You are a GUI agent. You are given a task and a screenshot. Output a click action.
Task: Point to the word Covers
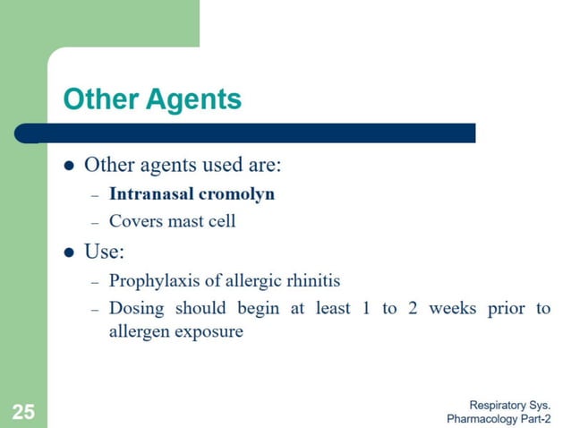[x=134, y=220]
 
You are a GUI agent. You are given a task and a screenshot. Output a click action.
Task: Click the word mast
[x=184, y=220]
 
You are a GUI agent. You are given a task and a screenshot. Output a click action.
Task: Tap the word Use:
[x=104, y=251]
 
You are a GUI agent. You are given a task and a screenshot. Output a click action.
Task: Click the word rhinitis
[x=312, y=281]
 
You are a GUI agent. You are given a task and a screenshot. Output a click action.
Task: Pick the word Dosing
[x=136, y=309]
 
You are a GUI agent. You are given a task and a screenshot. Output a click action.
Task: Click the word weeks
[x=453, y=308]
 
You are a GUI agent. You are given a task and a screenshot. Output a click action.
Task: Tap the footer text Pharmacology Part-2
[x=498, y=418]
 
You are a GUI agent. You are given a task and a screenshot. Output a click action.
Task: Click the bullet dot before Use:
[x=69, y=252]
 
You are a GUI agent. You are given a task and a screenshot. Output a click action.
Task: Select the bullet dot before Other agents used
[x=69, y=166]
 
